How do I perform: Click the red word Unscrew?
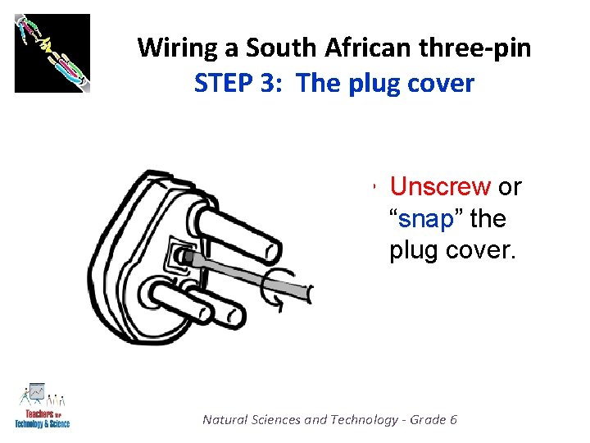point(439,187)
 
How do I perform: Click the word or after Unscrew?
point(510,187)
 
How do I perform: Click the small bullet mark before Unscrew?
point(372,188)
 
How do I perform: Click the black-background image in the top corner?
point(52,53)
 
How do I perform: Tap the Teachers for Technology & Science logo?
point(42,405)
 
